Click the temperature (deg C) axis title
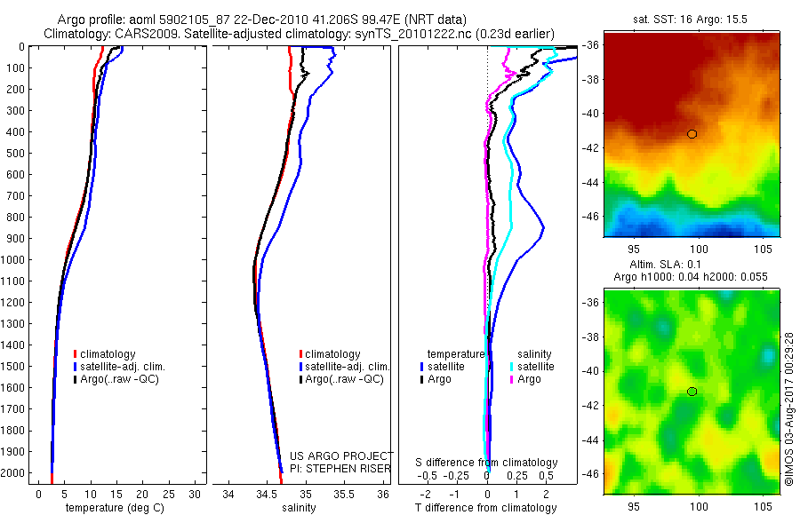pyautogui.click(x=111, y=508)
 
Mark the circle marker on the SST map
pyautogui.click(x=692, y=134)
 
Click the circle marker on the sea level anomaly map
pyautogui.click(x=692, y=392)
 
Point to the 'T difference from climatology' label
pyautogui.click(x=486, y=508)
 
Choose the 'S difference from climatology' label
pyautogui.click(x=487, y=463)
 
